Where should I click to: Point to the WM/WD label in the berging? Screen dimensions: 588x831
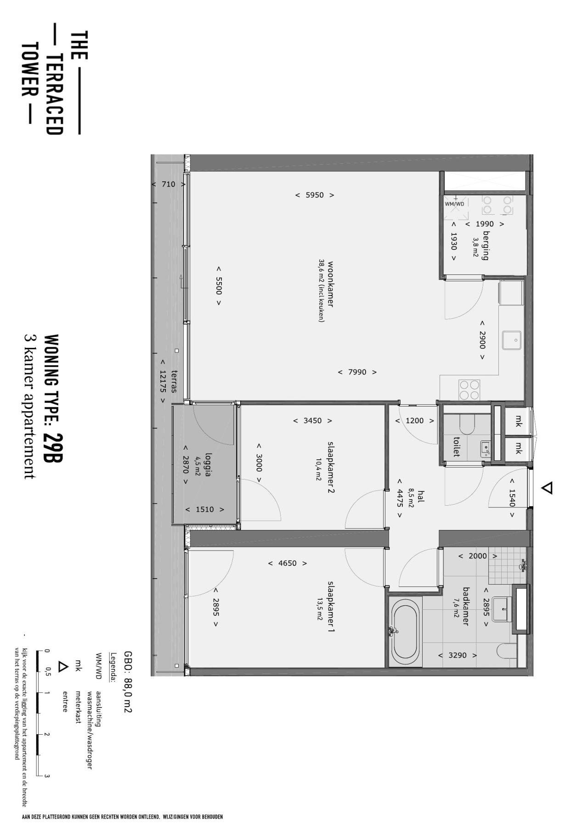(454, 204)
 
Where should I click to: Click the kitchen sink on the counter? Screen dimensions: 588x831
(512, 340)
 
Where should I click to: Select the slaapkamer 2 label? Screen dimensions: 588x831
(331, 467)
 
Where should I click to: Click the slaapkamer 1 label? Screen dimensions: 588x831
(331, 607)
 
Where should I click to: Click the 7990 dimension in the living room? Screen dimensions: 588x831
(357, 372)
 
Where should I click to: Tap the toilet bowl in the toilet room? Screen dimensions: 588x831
(466, 424)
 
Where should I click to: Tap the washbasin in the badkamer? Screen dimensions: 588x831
(502, 609)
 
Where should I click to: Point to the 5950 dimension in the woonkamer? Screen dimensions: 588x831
(315, 195)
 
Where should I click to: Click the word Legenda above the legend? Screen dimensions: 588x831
(113, 664)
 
